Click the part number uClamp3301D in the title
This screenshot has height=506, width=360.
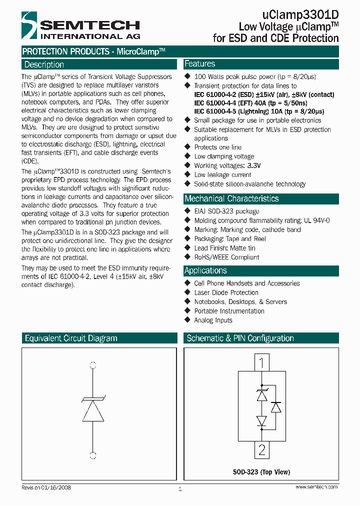point(300,15)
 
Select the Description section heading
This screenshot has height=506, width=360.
point(44,64)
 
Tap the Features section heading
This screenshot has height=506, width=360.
point(200,64)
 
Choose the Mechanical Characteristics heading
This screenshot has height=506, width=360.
point(231,198)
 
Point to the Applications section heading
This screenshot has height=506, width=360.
point(205,270)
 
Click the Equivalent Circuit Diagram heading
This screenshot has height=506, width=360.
point(71,338)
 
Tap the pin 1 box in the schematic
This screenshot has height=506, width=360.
point(261,361)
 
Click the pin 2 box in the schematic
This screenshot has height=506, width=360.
point(261,449)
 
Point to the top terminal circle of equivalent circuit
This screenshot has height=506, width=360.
point(92,365)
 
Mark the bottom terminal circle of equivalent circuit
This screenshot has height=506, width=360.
point(92,455)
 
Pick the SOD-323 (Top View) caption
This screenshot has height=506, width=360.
point(261,472)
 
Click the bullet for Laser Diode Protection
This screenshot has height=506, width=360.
point(188,292)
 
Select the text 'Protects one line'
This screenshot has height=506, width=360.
point(217,147)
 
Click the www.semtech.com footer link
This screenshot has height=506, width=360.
point(316,487)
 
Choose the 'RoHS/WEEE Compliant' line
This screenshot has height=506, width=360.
point(226,257)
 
